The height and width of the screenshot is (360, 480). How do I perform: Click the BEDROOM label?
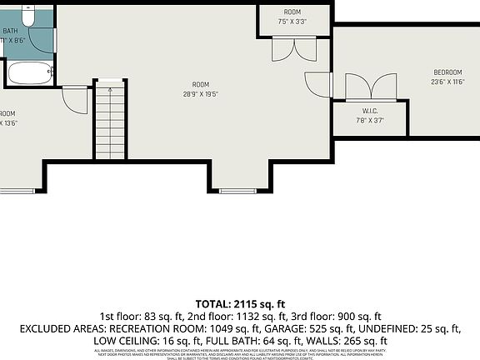click(447, 72)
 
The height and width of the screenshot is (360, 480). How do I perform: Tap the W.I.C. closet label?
click(371, 112)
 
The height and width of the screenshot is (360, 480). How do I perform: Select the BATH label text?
click(9, 31)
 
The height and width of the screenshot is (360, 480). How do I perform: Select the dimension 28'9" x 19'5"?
click(200, 94)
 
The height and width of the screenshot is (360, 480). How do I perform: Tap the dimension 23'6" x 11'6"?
click(447, 82)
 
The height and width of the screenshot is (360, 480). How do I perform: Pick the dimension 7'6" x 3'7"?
click(371, 120)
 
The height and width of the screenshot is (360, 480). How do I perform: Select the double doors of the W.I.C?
click(371, 86)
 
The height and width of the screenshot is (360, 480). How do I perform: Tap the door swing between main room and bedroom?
click(318, 84)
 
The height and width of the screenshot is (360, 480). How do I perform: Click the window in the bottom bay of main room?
click(238, 191)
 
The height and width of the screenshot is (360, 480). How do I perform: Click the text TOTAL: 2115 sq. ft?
click(240, 303)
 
